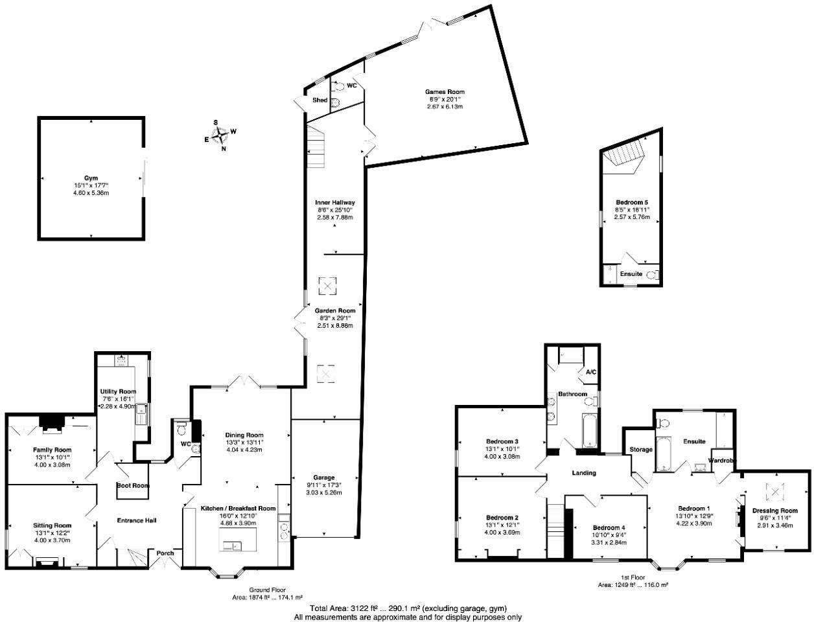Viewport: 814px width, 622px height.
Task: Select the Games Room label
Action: point(445,92)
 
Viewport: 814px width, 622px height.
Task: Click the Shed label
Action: point(320,100)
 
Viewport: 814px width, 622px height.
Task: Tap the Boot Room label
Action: point(133,485)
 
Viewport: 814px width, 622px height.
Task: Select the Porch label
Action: point(165,553)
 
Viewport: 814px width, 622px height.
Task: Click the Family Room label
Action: point(52,450)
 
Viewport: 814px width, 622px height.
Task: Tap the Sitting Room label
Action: point(52,525)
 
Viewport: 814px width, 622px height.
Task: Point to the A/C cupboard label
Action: point(590,373)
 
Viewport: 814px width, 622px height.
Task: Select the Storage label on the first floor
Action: point(640,450)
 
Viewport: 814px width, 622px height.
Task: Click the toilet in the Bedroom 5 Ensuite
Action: point(653,275)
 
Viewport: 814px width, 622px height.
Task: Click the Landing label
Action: point(583,473)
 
